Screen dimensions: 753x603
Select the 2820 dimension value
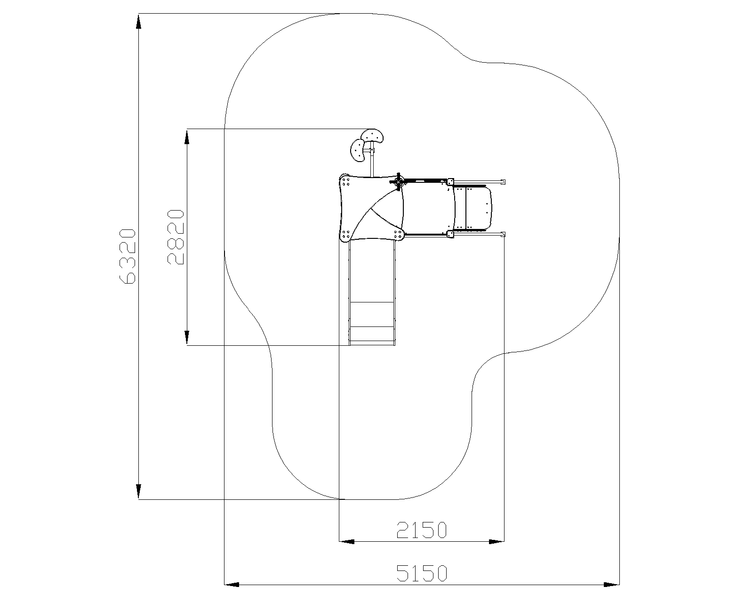point(176,237)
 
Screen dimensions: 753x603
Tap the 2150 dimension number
point(422,530)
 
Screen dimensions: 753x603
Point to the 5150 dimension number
point(422,573)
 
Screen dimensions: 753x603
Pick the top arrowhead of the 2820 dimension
point(187,137)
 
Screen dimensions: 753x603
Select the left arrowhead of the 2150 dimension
point(347,542)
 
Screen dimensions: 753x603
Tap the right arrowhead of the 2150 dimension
point(497,542)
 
